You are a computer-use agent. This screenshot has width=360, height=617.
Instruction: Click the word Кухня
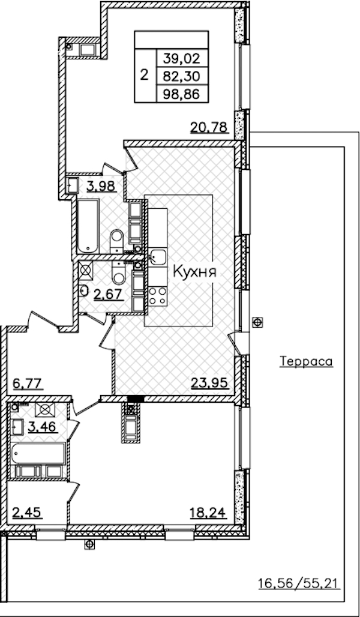(x=195, y=271)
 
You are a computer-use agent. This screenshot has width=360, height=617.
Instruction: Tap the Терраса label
(x=306, y=361)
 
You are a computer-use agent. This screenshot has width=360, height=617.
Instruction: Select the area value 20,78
(x=209, y=127)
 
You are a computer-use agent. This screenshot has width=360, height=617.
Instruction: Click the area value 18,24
(x=208, y=512)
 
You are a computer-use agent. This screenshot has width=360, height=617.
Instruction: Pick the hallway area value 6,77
(x=28, y=383)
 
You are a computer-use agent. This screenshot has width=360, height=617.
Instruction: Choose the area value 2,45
(x=27, y=513)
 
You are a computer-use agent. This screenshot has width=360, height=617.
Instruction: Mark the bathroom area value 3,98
(x=101, y=185)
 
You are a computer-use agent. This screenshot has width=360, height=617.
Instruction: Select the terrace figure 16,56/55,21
(x=299, y=583)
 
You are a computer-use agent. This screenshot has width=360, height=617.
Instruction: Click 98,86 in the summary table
(x=182, y=94)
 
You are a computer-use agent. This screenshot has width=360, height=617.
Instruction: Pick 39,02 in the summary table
(x=182, y=59)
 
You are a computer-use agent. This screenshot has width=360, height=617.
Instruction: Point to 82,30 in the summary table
(x=182, y=76)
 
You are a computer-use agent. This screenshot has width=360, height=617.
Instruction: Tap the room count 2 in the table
(x=145, y=74)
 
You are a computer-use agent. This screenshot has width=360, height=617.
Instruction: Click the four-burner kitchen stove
(x=158, y=296)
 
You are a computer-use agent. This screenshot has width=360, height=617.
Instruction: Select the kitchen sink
(x=158, y=257)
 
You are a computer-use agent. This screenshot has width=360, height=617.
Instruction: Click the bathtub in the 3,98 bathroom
(x=88, y=226)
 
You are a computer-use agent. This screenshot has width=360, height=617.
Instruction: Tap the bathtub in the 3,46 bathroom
(x=38, y=453)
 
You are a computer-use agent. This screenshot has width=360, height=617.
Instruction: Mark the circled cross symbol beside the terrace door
(x=258, y=322)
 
